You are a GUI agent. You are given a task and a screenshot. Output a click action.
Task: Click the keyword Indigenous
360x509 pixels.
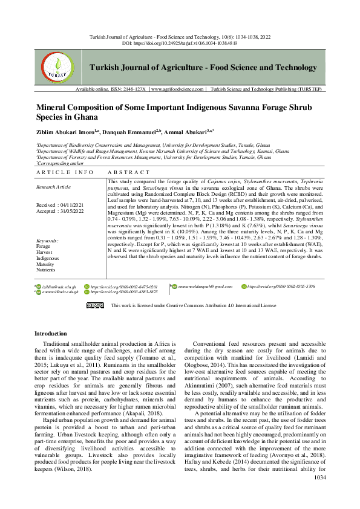click(48, 258)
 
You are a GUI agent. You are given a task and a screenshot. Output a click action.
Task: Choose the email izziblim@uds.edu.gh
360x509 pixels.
click(59, 285)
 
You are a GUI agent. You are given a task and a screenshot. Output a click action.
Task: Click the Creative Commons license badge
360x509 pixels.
click(95, 306)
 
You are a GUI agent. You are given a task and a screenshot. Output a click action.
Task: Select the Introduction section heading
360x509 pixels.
click(51, 334)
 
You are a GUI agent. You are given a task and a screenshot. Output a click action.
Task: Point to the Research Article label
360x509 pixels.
click(53, 187)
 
